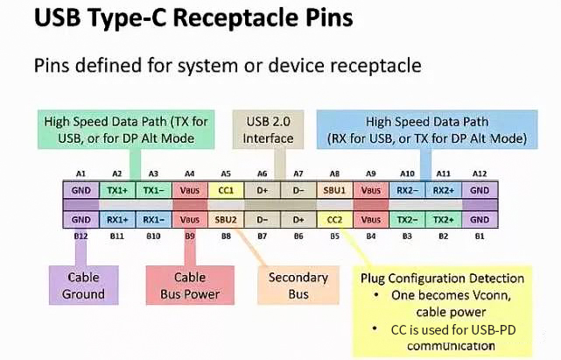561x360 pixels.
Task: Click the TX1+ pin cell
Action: click(116, 189)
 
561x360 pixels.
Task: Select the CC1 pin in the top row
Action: click(227, 189)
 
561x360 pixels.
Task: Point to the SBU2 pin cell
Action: click(227, 220)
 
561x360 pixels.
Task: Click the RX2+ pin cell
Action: click(444, 189)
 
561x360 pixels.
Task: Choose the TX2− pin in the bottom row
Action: click(407, 220)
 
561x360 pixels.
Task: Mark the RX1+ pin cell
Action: click(116, 220)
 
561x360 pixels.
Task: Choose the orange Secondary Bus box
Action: click(298, 286)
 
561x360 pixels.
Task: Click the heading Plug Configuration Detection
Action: click(443, 278)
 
